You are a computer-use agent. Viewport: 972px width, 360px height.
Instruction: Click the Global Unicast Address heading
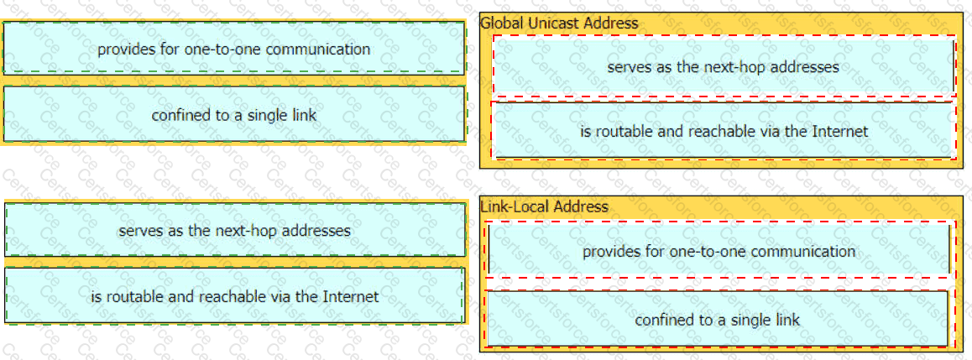tap(558, 23)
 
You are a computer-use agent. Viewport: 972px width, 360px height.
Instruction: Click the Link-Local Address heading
tap(544, 206)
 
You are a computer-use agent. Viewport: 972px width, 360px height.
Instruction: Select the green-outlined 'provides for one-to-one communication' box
tap(234, 49)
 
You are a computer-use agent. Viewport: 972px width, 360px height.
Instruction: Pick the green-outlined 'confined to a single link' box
tap(234, 115)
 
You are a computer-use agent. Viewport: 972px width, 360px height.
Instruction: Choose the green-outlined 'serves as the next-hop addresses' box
tap(234, 231)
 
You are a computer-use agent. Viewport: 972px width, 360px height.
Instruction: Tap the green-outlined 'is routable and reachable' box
tap(234, 297)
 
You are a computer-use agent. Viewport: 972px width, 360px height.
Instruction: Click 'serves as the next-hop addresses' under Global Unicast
tap(723, 66)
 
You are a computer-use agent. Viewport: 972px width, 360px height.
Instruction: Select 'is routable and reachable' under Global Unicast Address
tap(723, 131)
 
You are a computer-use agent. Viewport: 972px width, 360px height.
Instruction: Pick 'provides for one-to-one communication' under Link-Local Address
tap(719, 251)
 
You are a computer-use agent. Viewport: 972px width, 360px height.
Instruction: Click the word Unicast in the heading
tap(551, 23)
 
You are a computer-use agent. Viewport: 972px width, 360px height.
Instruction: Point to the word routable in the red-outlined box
tap(620, 132)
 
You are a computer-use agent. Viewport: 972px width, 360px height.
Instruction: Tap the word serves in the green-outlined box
tap(137, 231)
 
